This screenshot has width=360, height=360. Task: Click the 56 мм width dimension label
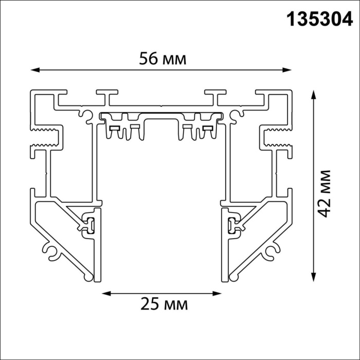click(163, 59)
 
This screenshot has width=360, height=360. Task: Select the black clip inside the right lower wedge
click(230, 224)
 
